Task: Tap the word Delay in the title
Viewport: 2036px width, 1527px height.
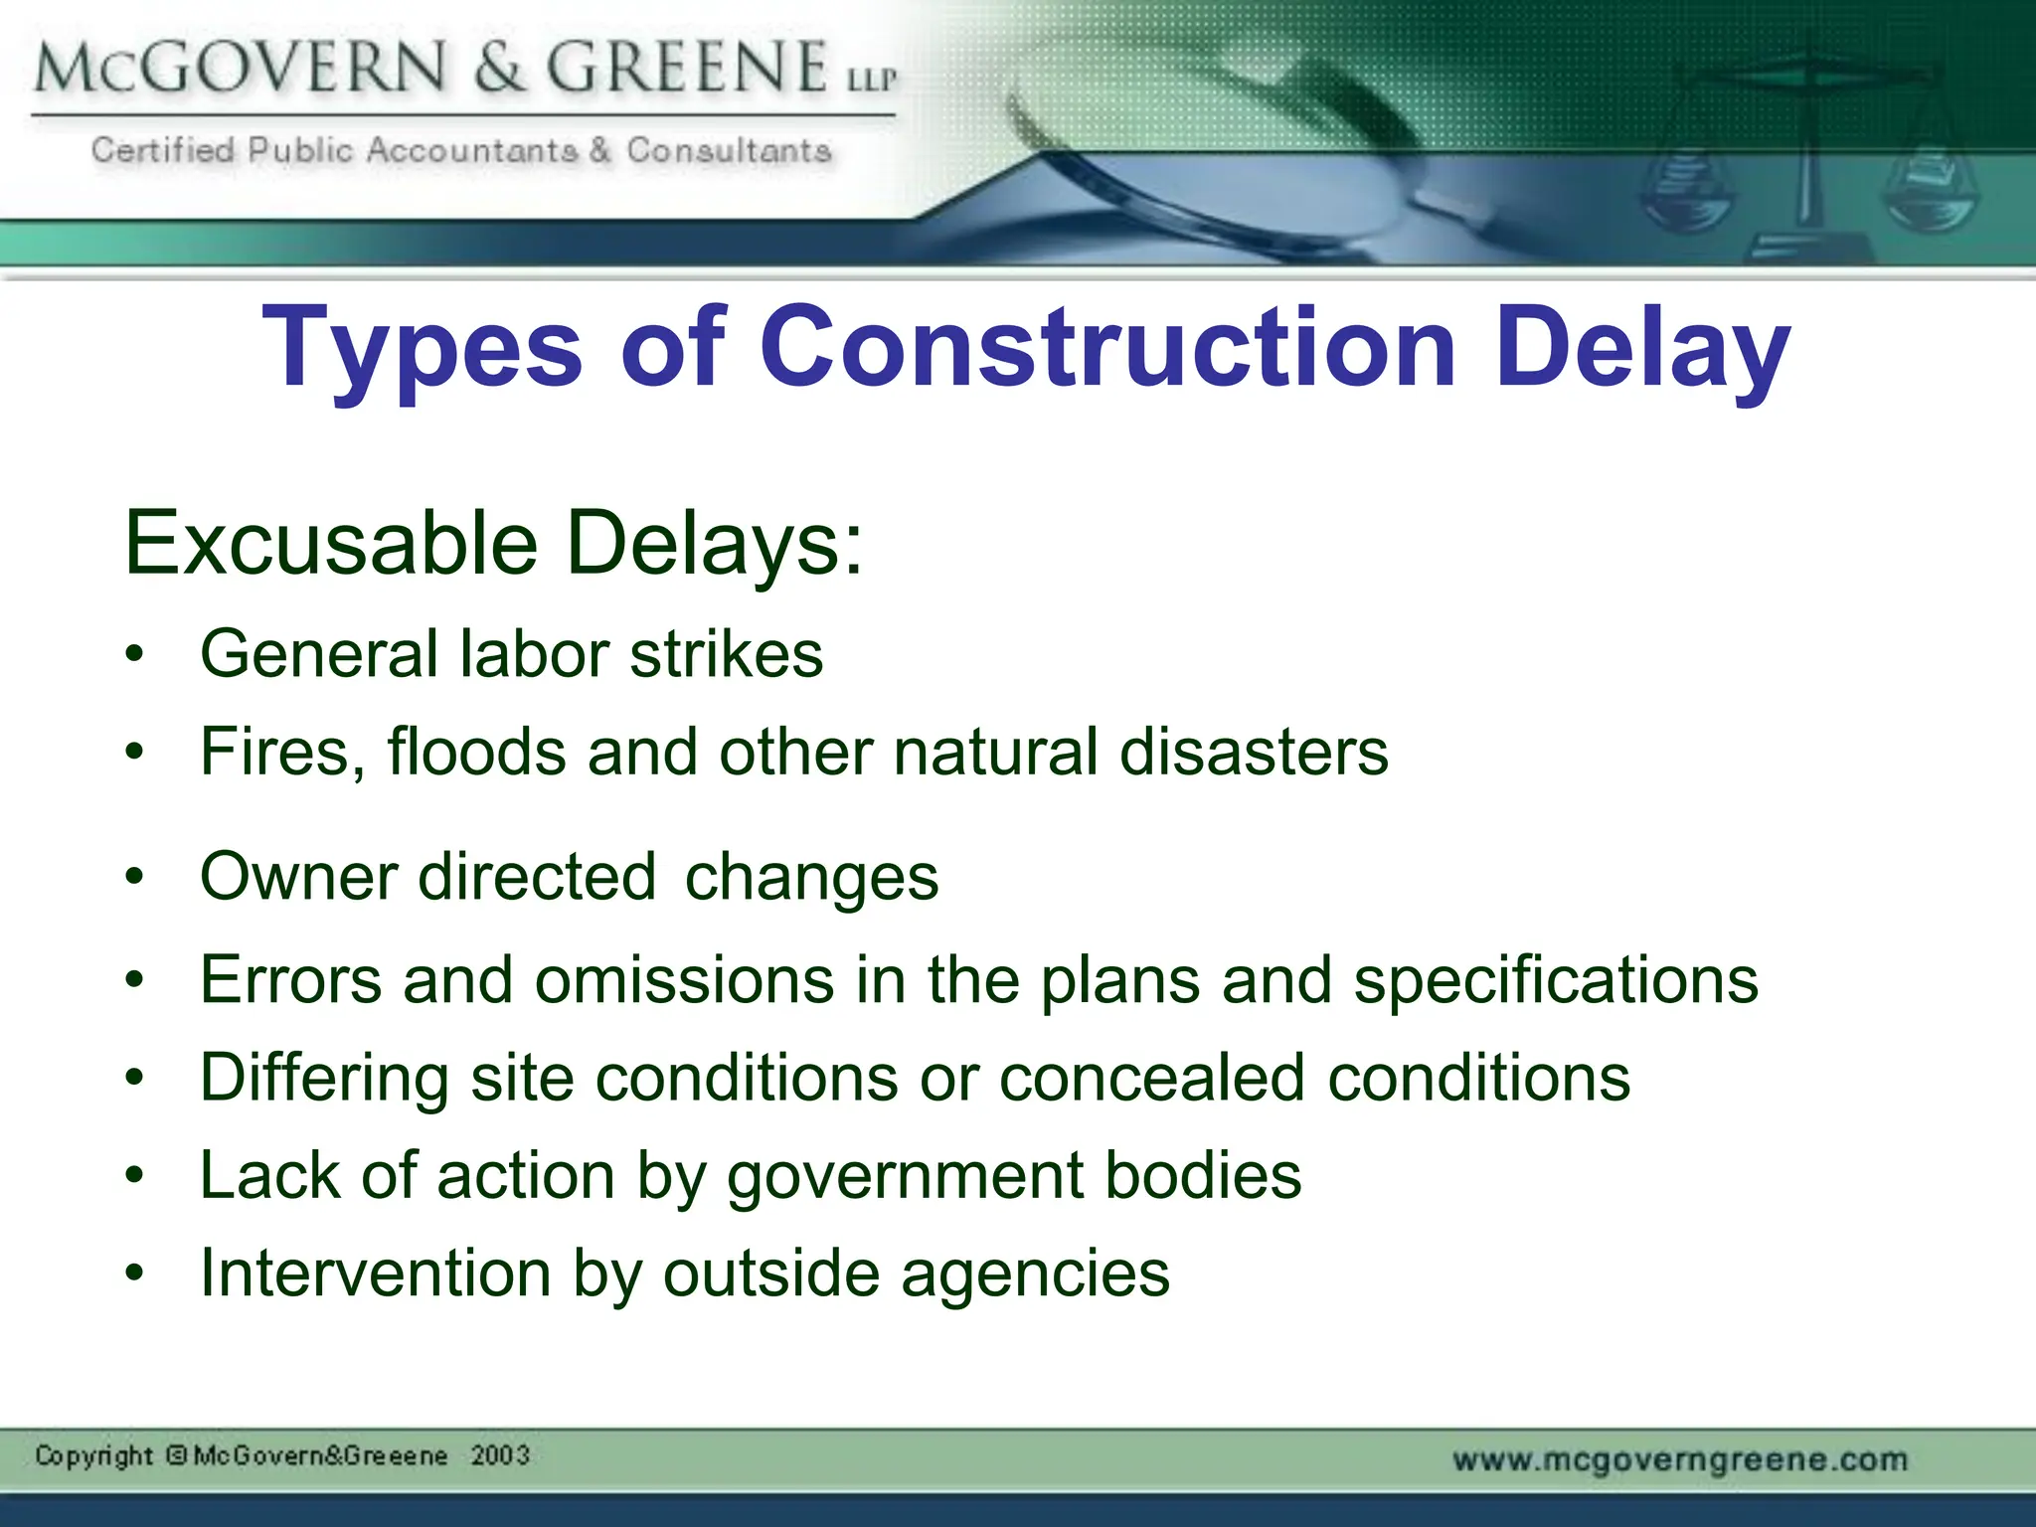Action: pos(1642,348)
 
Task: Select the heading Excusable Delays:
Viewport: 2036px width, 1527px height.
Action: pos(493,543)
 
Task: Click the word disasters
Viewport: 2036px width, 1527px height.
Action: pos(1254,752)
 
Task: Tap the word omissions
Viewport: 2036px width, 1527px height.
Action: pos(684,980)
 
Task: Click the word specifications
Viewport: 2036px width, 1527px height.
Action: pos(1556,980)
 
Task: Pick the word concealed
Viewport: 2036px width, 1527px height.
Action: pos(1151,1078)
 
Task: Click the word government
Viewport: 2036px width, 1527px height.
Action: pos(905,1176)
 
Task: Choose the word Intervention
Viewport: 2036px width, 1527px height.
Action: pos(376,1273)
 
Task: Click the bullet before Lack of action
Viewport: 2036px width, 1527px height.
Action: pos(135,1177)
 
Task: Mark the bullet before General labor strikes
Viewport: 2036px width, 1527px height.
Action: pos(135,655)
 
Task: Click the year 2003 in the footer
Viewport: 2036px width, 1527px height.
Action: pos(500,1455)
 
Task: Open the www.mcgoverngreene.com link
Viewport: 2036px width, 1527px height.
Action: pos(1680,1459)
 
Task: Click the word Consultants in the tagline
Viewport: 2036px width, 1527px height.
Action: pos(729,150)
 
